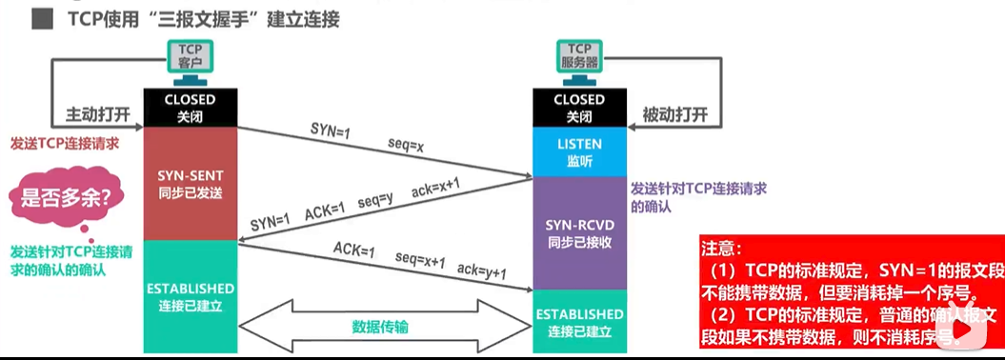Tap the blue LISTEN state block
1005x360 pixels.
(x=578, y=152)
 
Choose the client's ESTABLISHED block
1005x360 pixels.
(x=190, y=295)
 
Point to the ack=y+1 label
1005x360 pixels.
(x=480, y=273)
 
